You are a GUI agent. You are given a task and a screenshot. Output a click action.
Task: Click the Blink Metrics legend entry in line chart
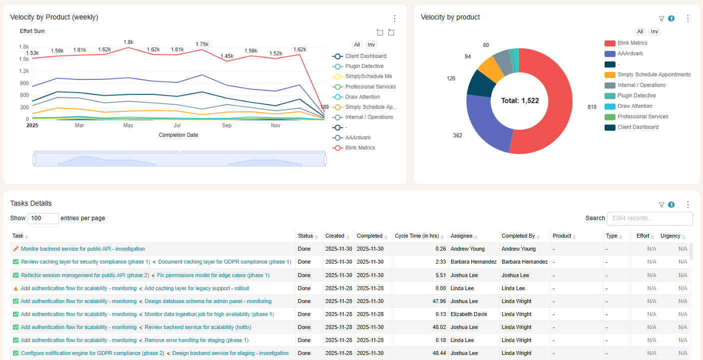coord(360,148)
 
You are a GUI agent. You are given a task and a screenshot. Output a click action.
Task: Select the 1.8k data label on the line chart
coord(128,42)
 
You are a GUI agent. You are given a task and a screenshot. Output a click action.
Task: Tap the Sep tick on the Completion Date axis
coord(227,125)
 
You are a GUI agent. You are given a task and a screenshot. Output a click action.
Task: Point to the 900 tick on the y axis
coord(23,83)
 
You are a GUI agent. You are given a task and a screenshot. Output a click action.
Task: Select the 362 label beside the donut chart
coord(458,135)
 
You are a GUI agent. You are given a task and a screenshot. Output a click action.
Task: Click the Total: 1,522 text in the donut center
coord(520,100)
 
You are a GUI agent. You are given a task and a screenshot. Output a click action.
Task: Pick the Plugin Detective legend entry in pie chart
coord(636,95)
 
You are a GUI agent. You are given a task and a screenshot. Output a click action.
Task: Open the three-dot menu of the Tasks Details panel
coord(688,205)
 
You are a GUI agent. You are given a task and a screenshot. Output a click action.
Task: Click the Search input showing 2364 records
coord(650,218)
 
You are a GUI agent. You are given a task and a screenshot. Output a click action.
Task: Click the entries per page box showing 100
coord(43,218)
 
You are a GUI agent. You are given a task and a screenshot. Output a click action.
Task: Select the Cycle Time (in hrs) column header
coord(417,236)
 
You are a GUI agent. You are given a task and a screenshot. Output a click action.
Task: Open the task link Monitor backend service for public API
coord(82,249)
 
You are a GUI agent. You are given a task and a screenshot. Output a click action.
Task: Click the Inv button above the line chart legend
coord(371,45)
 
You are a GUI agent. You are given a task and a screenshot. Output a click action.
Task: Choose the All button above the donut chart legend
coord(640,31)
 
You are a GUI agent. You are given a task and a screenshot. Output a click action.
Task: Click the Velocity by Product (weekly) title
coord(54,17)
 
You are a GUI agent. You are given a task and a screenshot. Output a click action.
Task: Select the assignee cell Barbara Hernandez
coord(473,262)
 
